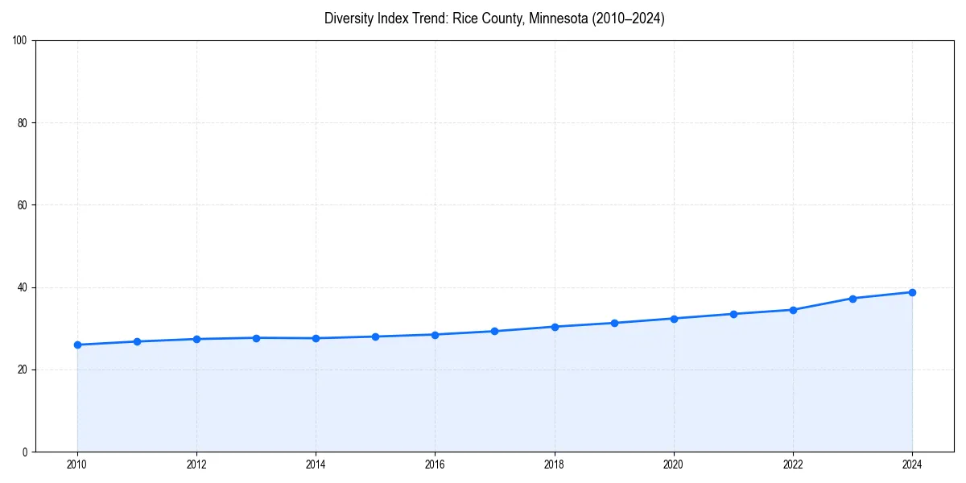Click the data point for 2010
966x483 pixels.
pos(77,345)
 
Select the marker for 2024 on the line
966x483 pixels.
pos(912,292)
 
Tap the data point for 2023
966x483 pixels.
pos(852,299)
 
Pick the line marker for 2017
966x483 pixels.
pos(494,331)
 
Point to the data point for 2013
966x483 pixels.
pos(256,338)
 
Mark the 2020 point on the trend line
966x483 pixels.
pos(674,319)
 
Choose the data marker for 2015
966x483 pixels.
pos(375,336)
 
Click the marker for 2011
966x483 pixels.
pos(137,341)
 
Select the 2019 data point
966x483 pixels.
pos(614,323)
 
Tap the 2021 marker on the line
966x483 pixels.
pos(733,314)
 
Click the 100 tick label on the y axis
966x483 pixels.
pos(20,41)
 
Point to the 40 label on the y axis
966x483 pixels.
pos(23,287)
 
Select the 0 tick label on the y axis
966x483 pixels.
pos(25,452)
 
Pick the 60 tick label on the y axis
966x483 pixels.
pos(23,205)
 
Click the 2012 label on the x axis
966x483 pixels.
pos(196,464)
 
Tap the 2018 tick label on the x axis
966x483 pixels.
pos(554,464)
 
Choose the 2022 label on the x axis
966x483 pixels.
pos(793,464)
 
